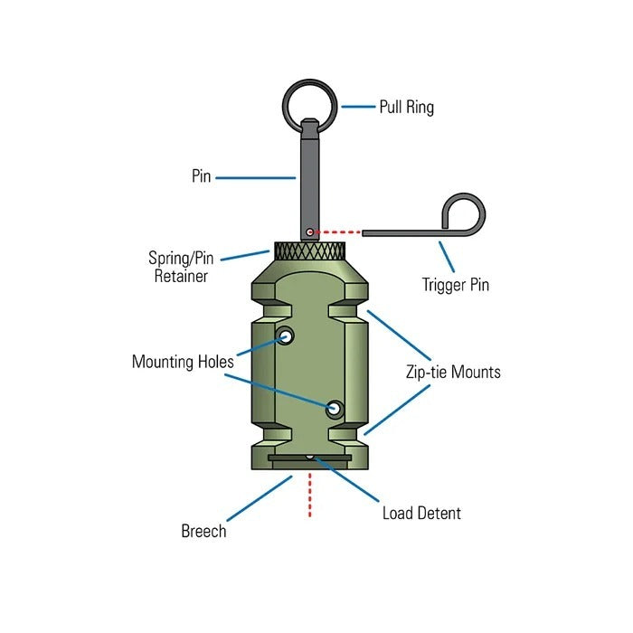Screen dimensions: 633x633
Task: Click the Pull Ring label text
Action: click(406, 108)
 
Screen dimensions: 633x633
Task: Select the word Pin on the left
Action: click(201, 176)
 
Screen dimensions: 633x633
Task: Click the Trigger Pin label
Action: click(456, 285)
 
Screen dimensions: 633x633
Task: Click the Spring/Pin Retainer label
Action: click(178, 266)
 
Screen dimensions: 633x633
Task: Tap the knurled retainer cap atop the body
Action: click(309, 251)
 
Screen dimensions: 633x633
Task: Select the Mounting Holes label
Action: click(183, 362)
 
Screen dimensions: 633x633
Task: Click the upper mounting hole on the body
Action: click(287, 336)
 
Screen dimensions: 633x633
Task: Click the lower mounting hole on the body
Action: click(335, 409)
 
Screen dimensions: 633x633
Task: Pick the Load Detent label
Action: click(421, 514)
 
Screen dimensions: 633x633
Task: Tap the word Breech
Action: click(203, 531)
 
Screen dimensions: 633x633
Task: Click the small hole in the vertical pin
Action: click(309, 232)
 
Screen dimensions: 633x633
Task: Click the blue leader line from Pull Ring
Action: click(358, 107)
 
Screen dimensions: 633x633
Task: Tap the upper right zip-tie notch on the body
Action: click(349, 310)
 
